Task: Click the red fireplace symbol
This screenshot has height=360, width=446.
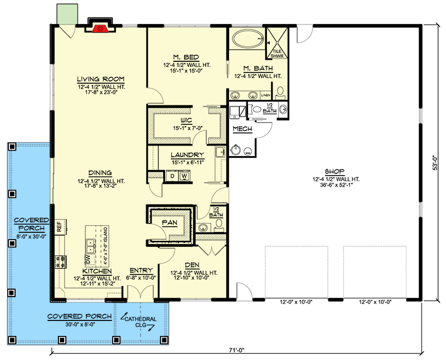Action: click(x=100, y=27)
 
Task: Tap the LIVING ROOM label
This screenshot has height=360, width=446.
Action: click(x=100, y=79)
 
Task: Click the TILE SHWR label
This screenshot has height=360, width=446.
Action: click(x=277, y=53)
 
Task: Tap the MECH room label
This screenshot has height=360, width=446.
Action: click(x=243, y=129)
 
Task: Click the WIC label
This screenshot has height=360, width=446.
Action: click(x=187, y=120)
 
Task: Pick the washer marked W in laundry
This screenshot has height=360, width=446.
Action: click(x=184, y=176)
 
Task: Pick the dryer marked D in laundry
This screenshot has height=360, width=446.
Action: click(x=172, y=176)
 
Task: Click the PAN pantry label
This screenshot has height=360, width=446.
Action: click(x=169, y=222)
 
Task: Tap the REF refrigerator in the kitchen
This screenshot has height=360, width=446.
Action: click(x=59, y=226)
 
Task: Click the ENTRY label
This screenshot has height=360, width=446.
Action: click(x=138, y=270)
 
